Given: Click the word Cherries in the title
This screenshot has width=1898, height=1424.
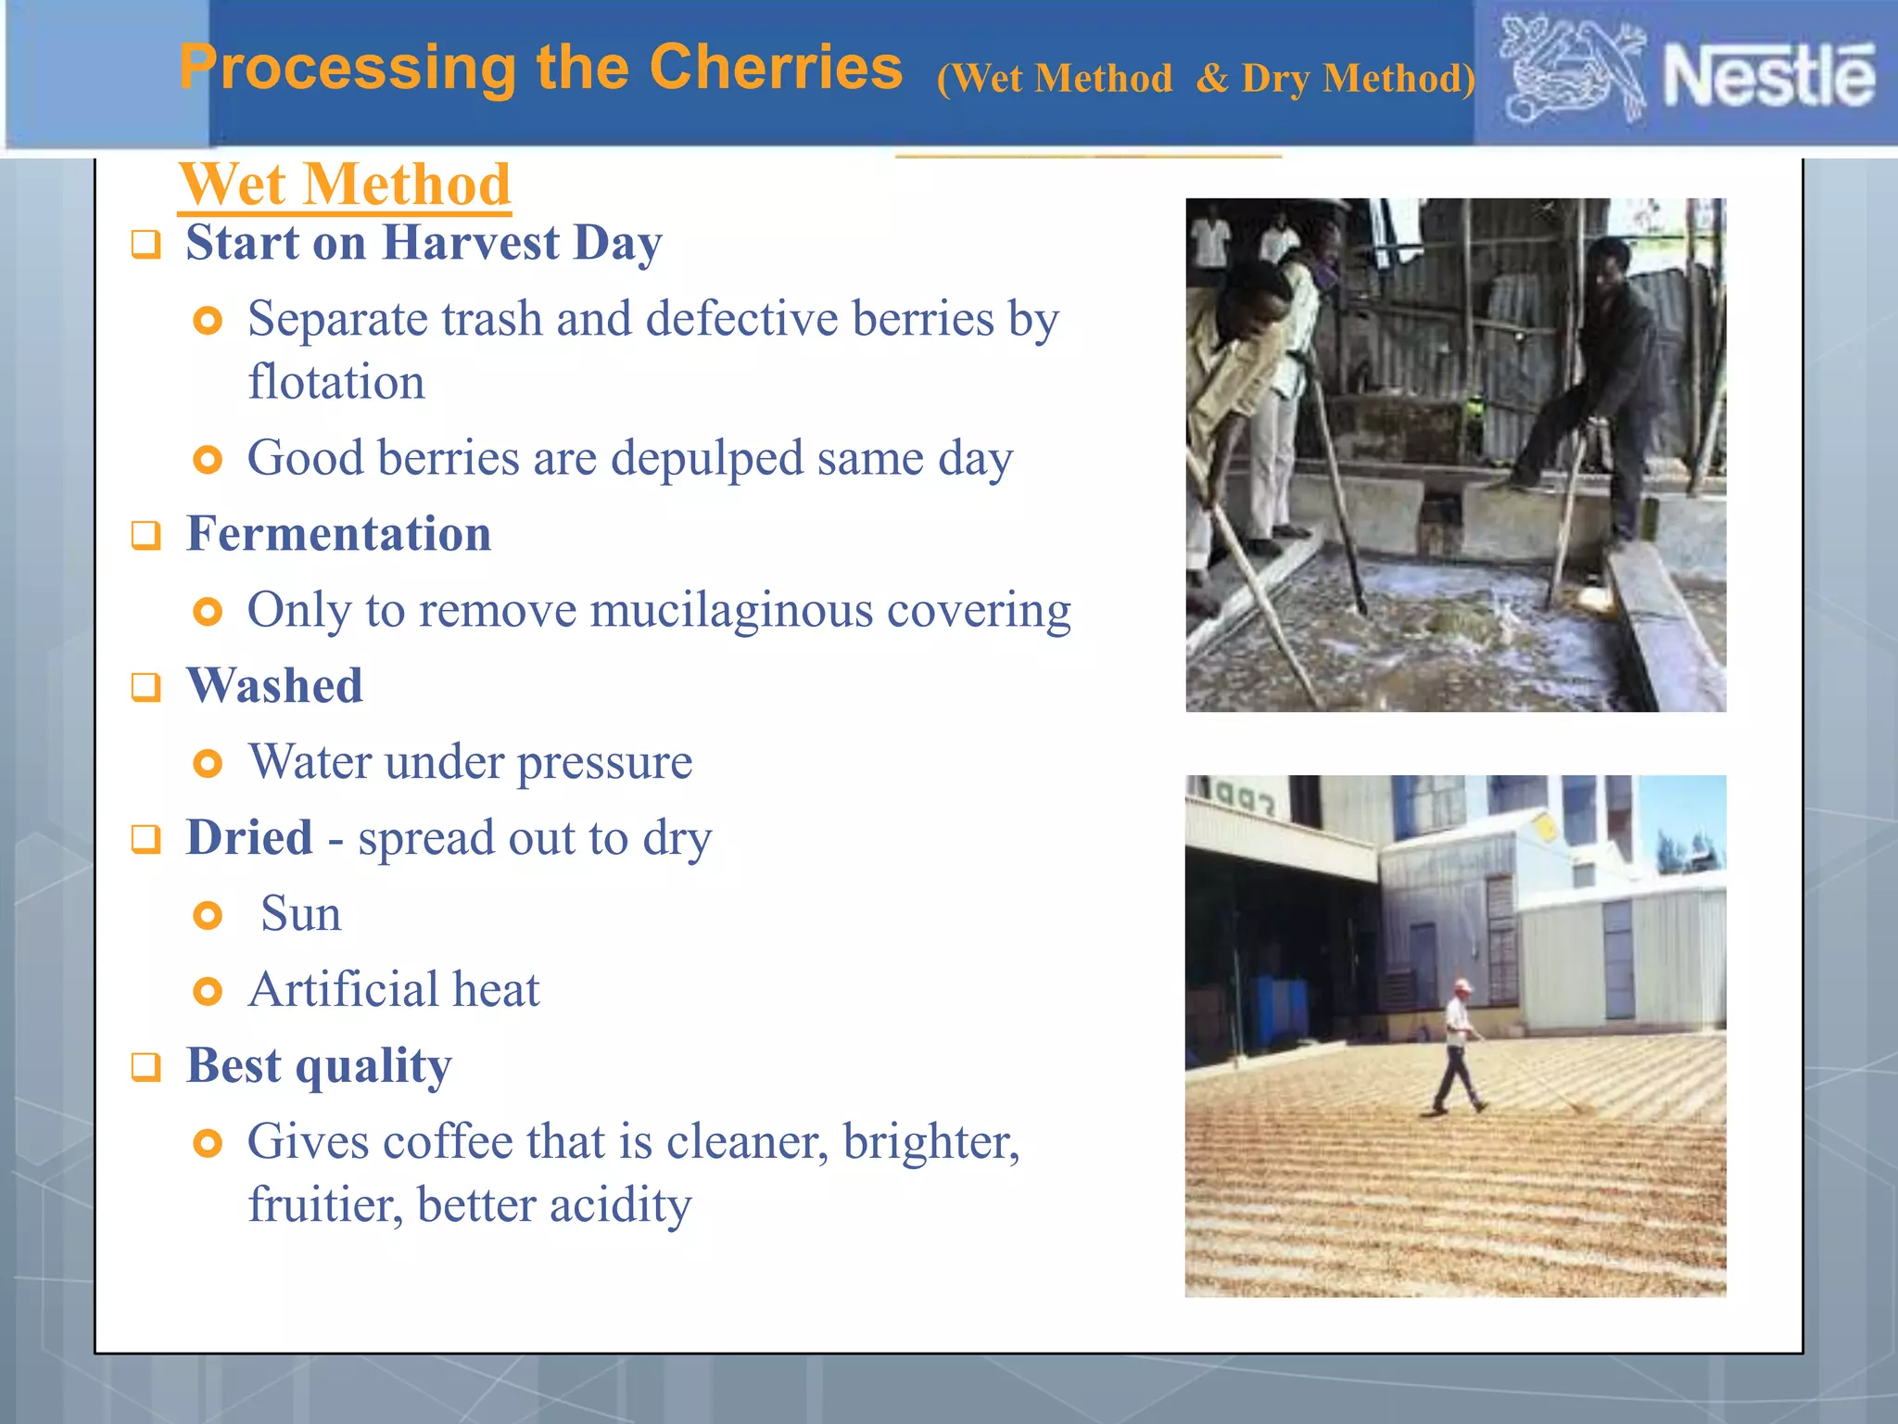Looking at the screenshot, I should coord(775,68).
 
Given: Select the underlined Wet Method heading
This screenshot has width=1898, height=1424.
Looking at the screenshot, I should coord(345,184).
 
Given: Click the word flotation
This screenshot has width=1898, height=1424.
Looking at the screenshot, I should coord(336,383).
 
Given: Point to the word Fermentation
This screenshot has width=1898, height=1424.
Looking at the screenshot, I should coord(338,534).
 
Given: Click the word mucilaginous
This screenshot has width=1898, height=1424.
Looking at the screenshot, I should coord(731,611).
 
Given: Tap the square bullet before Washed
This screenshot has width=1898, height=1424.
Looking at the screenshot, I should coord(146,688).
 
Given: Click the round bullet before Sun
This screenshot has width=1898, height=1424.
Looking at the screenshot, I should coord(208,916).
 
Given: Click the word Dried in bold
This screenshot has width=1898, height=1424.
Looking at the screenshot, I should coord(248,838).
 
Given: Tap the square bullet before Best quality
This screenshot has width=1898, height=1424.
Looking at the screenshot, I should coord(146,1067).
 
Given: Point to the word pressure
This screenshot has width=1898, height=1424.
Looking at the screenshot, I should coord(603,763).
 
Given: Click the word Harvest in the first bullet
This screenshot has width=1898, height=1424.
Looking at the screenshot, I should coord(470,244).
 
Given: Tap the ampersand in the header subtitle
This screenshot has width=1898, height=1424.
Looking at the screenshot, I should coord(1212,79).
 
